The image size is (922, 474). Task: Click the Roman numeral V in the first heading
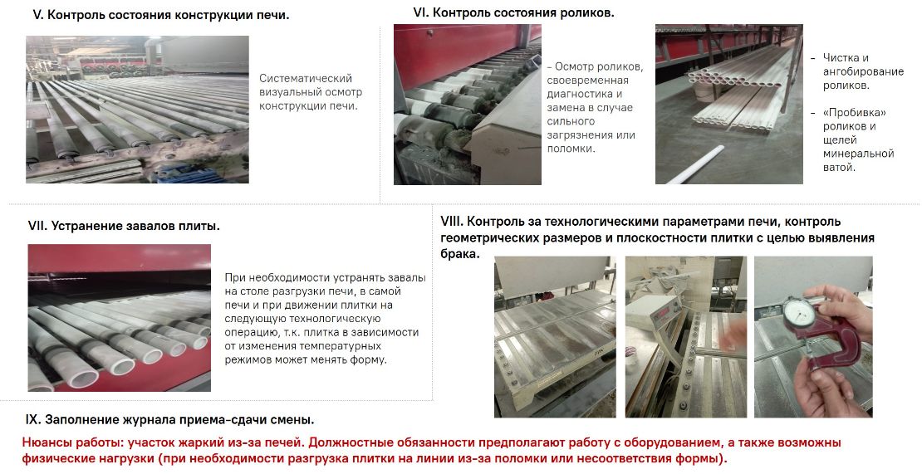pyautogui.click(x=37, y=15)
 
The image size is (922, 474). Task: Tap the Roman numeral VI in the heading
pyautogui.click(x=421, y=12)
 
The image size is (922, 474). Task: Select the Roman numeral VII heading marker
pyautogui.click(x=37, y=226)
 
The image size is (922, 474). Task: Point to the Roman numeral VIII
pyautogui.click(x=453, y=222)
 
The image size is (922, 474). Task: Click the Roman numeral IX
pyautogui.click(x=33, y=420)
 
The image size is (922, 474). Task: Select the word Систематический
pyautogui.click(x=306, y=78)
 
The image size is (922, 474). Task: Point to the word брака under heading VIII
pyautogui.click(x=459, y=254)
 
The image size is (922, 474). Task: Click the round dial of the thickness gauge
pyautogui.click(x=798, y=314)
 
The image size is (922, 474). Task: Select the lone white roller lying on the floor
pyautogui.click(x=695, y=165)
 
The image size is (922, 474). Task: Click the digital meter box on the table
pyautogui.click(x=654, y=310)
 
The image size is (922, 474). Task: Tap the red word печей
pyautogui.click(x=282, y=442)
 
